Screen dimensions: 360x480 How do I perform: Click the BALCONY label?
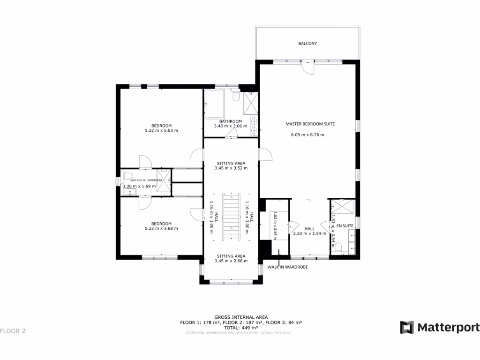point(307,44)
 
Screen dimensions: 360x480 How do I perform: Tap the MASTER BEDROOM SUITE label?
point(310,124)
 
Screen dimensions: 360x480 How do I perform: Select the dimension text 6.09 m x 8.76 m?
point(307,135)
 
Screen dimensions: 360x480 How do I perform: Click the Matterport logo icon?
point(406,327)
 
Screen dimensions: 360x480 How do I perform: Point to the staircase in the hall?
point(230,217)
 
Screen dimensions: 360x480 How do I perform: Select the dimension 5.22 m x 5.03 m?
point(161,131)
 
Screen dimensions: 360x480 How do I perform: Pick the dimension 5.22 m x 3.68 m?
point(161,229)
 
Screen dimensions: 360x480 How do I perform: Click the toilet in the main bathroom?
point(237,96)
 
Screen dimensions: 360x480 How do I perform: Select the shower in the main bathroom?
point(250,103)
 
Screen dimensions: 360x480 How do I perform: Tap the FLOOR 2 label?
point(13,331)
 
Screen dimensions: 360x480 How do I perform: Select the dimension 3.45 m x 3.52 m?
point(231,168)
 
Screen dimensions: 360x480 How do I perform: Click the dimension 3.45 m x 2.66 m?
point(231,261)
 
